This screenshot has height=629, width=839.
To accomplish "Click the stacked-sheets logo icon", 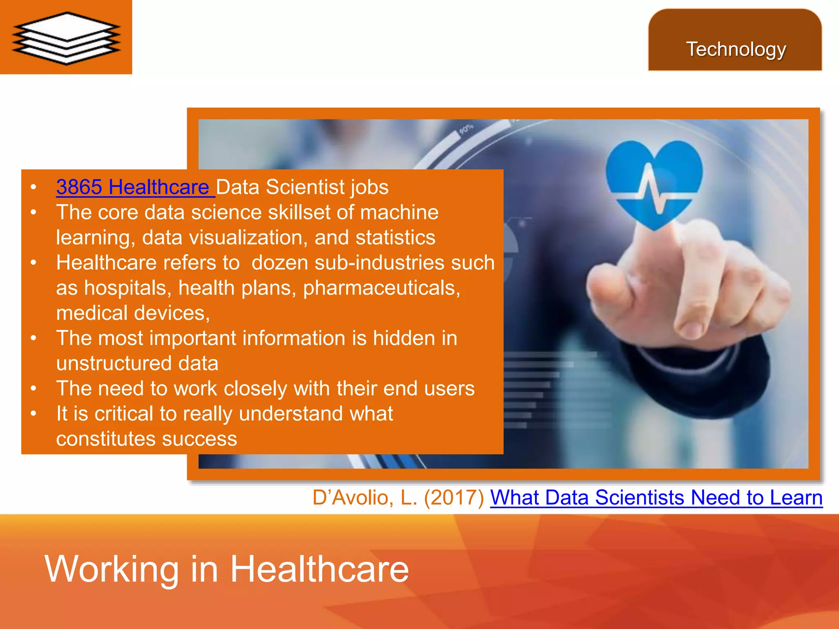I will (66, 38).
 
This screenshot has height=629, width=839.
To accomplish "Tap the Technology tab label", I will (736, 50).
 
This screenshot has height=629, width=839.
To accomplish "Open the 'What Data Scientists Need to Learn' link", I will (656, 498).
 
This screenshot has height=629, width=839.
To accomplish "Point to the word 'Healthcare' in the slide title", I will (319, 569).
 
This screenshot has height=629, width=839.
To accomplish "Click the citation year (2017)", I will (454, 498).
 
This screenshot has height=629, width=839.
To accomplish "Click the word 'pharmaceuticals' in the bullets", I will (381, 288).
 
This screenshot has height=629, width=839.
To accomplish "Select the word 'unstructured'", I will (114, 363).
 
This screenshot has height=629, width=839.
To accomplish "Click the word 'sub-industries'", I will (379, 262).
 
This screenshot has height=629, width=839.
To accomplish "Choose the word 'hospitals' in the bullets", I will (127, 288).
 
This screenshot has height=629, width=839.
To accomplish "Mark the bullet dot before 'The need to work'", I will (34, 388).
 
